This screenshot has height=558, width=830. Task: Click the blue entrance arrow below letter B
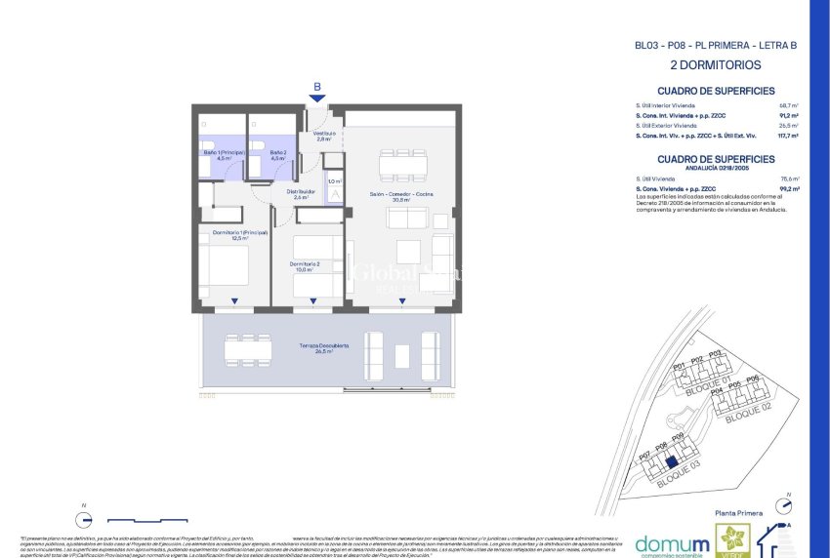tap(316, 98)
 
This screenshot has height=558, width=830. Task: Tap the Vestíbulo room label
tap(324, 136)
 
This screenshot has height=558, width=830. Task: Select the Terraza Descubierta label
tap(323, 348)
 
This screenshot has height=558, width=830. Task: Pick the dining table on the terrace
tap(247, 350)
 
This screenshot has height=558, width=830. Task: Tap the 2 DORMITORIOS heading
tap(716, 65)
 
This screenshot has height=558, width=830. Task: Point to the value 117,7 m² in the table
tap(787, 137)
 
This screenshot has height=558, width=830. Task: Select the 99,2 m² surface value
tap(788, 188)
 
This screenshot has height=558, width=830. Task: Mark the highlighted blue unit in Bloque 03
tap(670, 464)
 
